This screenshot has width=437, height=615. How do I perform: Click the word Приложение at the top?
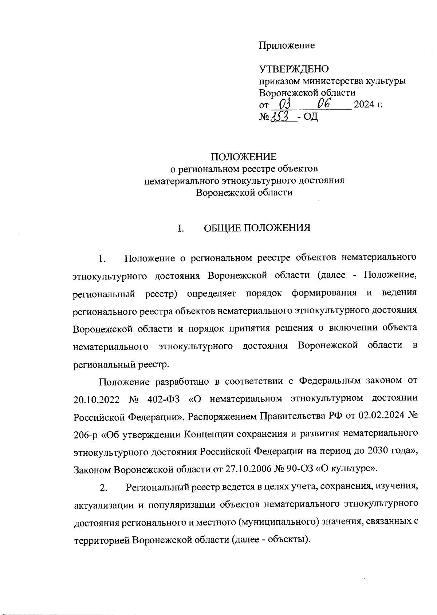click(x=287, y=45)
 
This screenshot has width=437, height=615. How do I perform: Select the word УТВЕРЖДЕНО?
click(x=294, y=69)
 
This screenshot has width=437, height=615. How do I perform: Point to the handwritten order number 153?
click(x=282, y=117)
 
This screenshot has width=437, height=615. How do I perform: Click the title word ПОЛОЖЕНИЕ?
click(x=244, y=157)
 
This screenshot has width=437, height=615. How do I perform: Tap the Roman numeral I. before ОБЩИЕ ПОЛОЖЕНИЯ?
click(x=180, y=229)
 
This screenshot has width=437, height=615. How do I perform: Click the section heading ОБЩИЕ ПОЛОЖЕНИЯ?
click(x=257, y=228)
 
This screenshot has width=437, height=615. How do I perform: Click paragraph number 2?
click(x=104, y=488)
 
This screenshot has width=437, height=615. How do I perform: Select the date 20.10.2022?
click(x=97, y=399)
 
